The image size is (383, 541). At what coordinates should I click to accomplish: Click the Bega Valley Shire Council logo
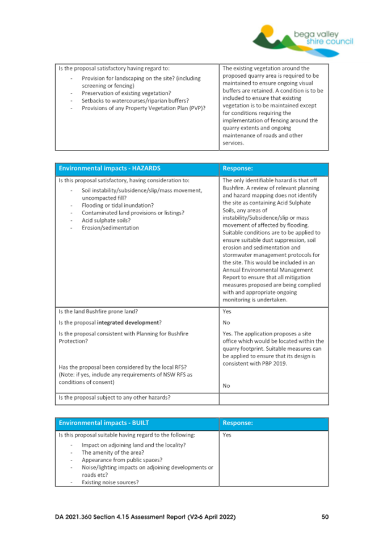pyautogui.click(x=304, y=35)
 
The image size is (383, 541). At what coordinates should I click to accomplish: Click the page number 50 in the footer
pyautogui.click(x=325, y=517)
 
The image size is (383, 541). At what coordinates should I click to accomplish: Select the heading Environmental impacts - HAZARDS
pyautogui.click(x=110, y=168)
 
